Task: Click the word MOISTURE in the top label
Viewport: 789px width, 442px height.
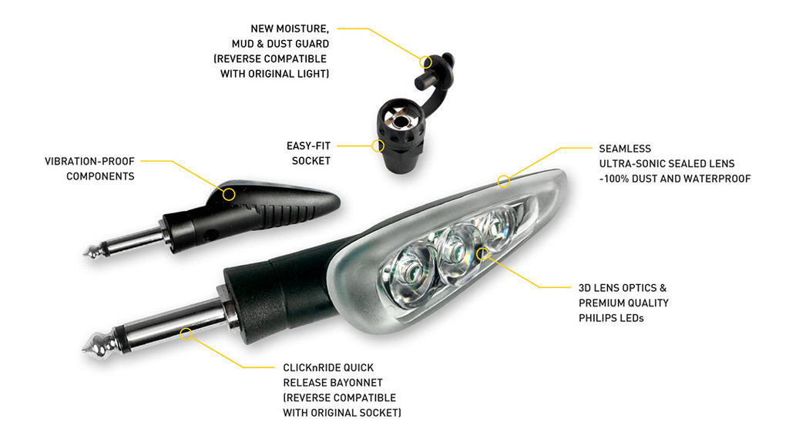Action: point(302,28)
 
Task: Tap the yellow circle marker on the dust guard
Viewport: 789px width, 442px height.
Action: point(426,62)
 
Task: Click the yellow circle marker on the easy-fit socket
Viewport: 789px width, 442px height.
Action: point(378,146)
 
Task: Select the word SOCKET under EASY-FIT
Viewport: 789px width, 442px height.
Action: point(311,161)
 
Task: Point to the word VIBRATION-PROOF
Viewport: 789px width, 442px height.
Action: point(89,162)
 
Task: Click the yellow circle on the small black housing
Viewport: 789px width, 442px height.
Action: point(229,194)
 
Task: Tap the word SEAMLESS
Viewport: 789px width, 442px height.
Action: point(625,149)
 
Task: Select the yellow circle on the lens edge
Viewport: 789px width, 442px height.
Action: point(504,181)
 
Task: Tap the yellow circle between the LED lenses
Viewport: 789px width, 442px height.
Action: point(482,253)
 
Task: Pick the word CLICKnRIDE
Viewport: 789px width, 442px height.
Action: point(311,367)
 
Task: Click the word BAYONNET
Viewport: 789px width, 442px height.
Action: point(358,383)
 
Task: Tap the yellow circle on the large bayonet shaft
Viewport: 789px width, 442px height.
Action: point(186,334)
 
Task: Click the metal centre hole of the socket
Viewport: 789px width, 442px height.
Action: point(400,121)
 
